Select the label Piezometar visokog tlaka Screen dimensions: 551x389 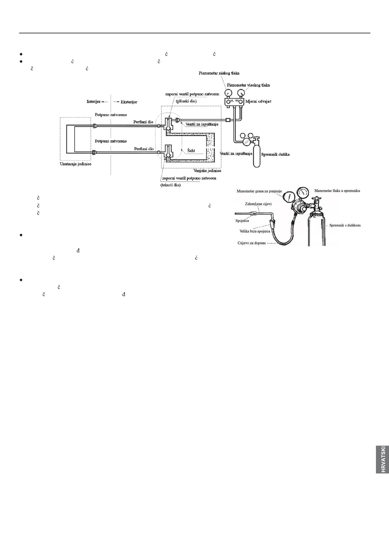pos(248,85)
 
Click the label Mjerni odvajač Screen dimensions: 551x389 pos(261,101)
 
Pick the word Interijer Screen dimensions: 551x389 pos(93,101)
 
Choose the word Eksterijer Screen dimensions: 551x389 pos(128,102)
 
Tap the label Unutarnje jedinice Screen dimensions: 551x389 pos(76,164)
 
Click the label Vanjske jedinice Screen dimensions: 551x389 pos(207,171)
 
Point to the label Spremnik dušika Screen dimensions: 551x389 pos(276,154)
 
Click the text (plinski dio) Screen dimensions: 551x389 pos(186,101)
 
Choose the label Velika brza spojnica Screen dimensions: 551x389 pos(254,231)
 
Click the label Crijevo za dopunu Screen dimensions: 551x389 pos(252,242)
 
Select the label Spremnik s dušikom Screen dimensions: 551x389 pos(345,225)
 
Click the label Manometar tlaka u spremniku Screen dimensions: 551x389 pos(337,190)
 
